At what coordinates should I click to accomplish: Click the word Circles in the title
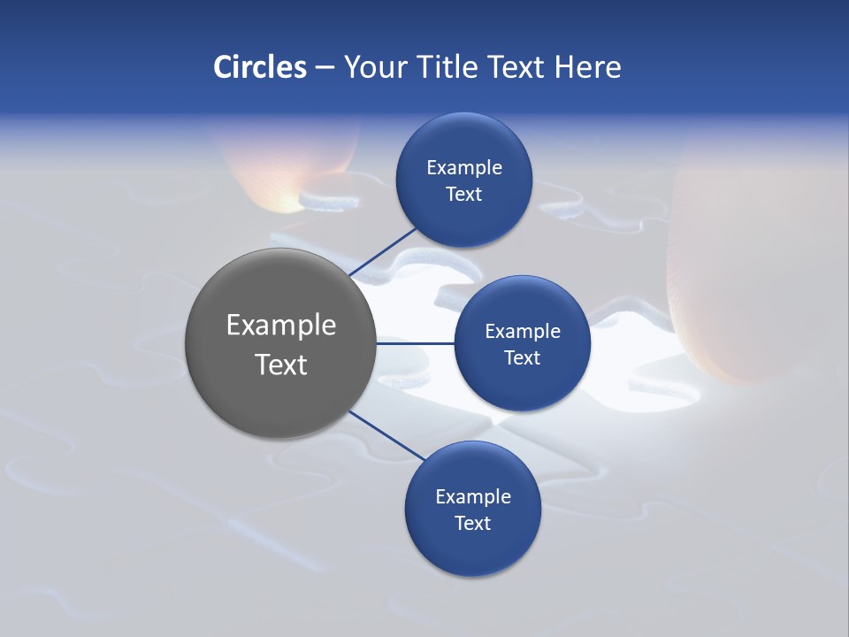[x=259, y=67]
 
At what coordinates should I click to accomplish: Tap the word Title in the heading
[x=448, y=67]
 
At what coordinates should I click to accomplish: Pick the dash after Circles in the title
[x=325, y=68]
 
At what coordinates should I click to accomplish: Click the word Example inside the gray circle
[x=281, y=326]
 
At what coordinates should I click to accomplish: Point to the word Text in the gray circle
[x=281, y=365]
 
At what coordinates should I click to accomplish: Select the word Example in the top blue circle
[x=464, y=168]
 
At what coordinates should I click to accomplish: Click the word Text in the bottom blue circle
[x=472, y=523]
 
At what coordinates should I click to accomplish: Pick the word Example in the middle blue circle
[x=523, y=332]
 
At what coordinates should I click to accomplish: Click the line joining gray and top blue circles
[x=382, y=251]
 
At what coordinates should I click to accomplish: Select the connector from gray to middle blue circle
[x=415, y=343]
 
